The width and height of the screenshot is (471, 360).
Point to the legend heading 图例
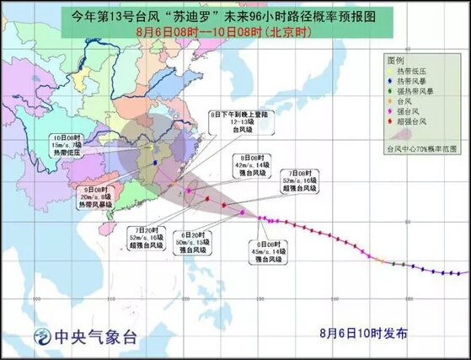[396, 62]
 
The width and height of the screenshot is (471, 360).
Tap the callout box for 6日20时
[198, 243]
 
